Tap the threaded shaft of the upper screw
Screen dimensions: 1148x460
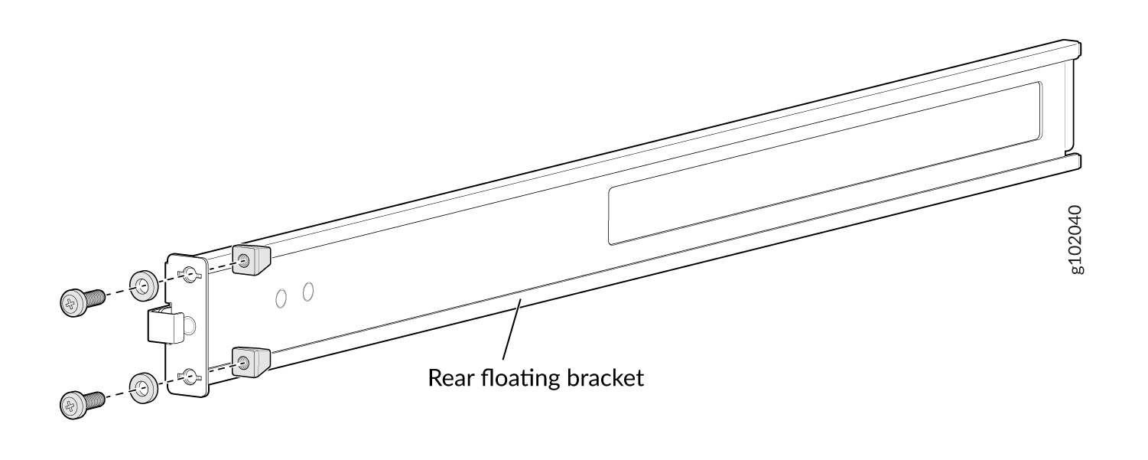(96, 297)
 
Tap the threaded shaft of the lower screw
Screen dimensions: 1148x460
(96, 399)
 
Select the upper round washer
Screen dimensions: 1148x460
(143, 285)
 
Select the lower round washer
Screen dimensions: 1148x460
(143, 388)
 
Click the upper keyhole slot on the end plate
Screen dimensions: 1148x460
(189, 274)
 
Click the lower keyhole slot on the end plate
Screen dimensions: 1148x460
(189, 377)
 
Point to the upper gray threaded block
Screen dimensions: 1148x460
(251, 259)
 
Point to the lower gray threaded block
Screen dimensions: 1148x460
(251, 362)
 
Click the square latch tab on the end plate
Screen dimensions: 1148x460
(165, 325)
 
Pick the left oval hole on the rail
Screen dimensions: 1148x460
(281, 298)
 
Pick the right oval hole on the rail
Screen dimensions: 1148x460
(308, 292)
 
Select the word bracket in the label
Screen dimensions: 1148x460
(605, 378)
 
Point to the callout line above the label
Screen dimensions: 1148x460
(512, 328)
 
